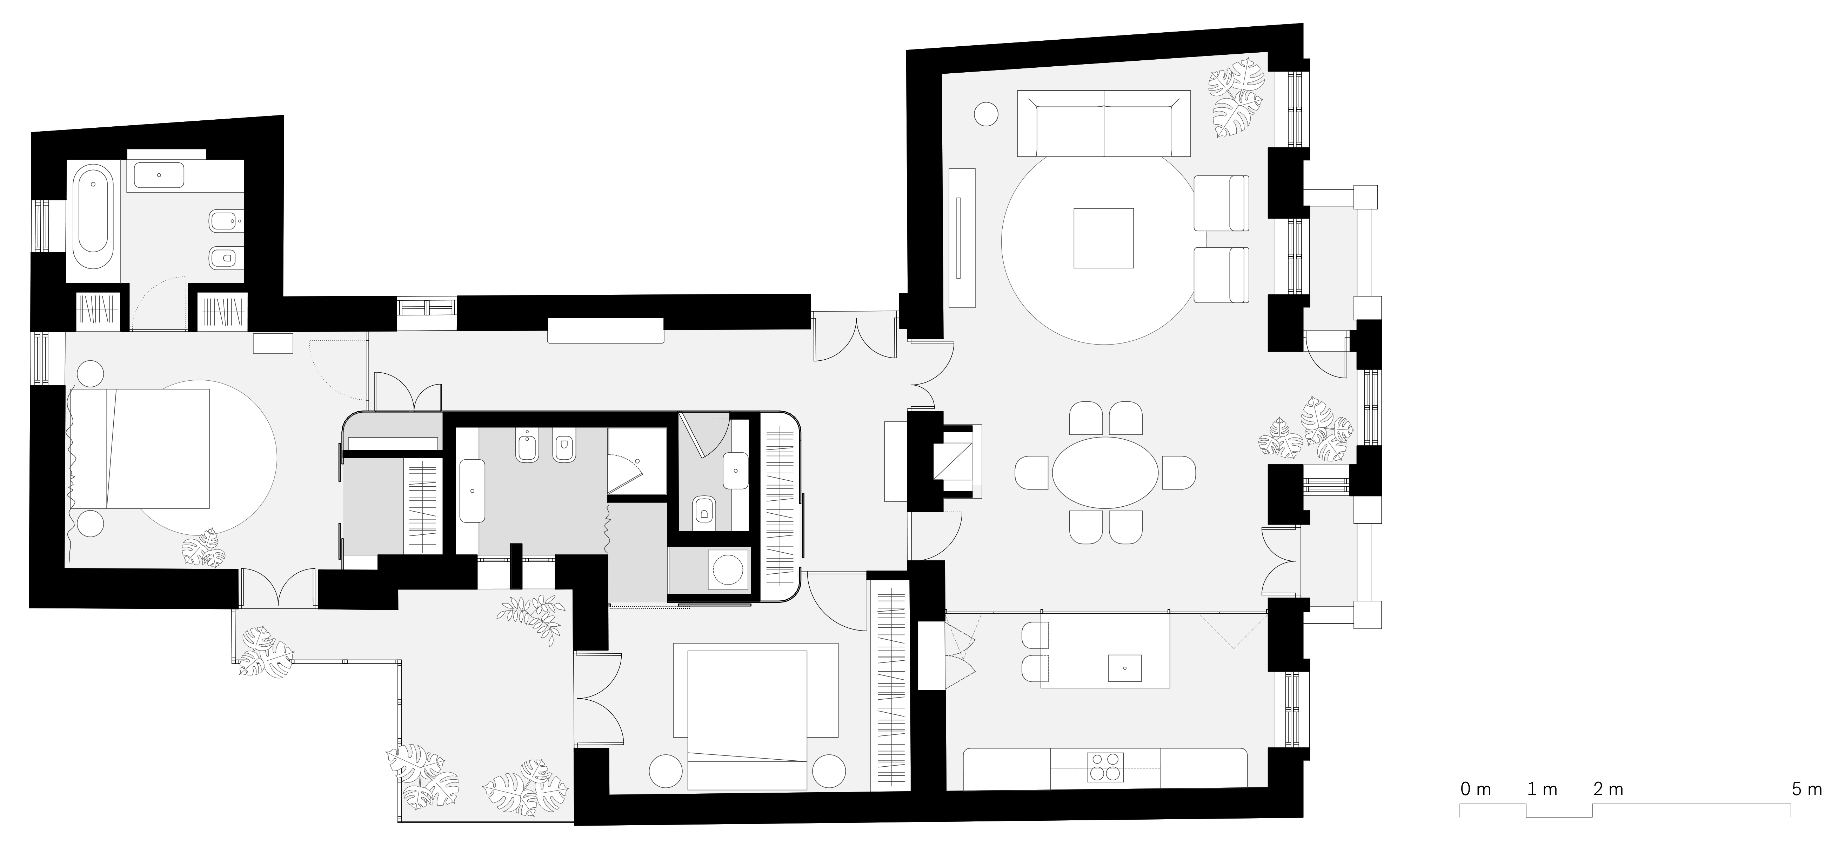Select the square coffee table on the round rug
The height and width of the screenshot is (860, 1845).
click(1103, 238)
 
